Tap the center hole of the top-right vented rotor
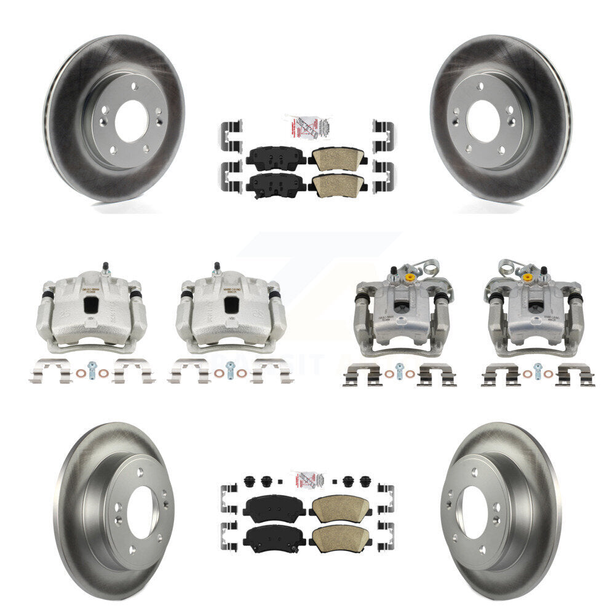click(482, 121)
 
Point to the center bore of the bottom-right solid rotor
click(474, 511)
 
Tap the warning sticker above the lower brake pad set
click(307, 480)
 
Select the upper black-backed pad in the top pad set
click(276, 159)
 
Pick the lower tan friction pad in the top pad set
click(338, 183)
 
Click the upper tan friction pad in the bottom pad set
click(340, 508)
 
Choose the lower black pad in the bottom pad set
click(274, 539)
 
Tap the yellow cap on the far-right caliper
click(527, 278)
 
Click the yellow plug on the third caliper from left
click(408, 278)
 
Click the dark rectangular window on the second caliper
click(231, 304)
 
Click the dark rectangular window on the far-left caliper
click(92, 304)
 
